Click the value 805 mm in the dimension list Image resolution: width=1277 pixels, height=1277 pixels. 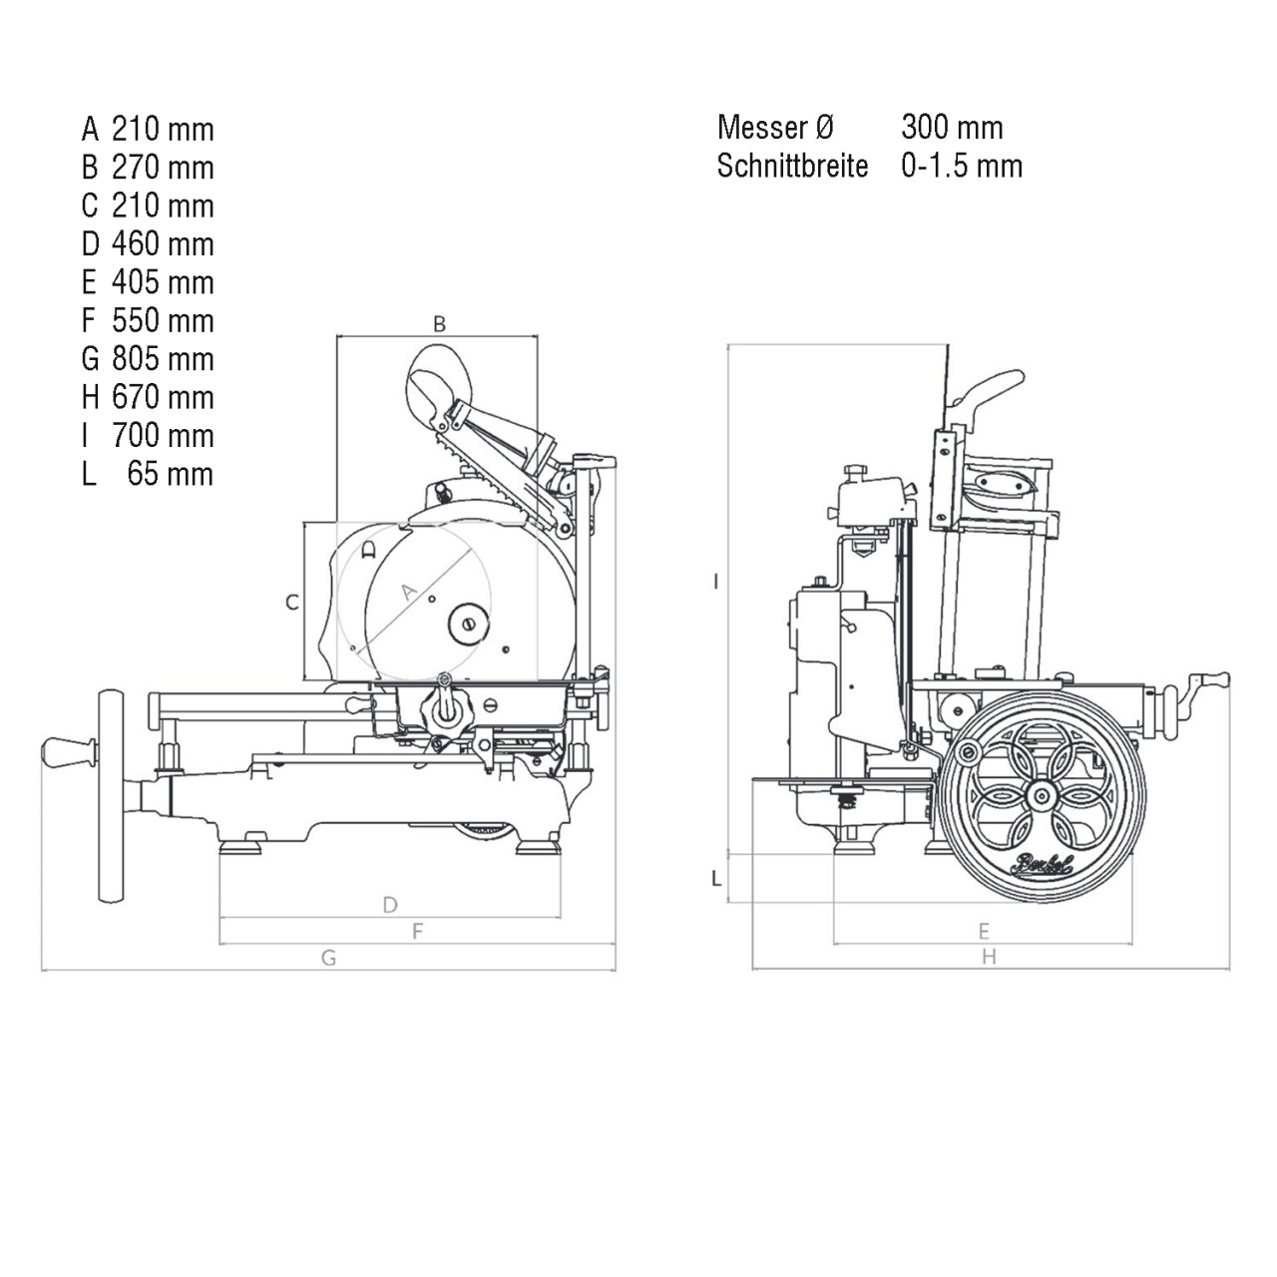163,358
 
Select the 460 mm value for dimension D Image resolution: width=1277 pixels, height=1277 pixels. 163,243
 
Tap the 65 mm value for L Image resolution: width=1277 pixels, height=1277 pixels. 171,474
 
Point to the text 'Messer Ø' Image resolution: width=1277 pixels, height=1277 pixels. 775,128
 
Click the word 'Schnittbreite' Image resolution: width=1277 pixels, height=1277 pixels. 792,166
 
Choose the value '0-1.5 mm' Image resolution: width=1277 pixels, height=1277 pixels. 962,166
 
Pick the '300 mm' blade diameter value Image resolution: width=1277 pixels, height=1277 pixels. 953,128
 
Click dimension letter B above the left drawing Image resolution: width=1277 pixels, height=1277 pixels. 439,324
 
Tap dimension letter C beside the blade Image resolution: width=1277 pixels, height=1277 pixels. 291,603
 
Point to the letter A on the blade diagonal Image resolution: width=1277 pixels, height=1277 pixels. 409,592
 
